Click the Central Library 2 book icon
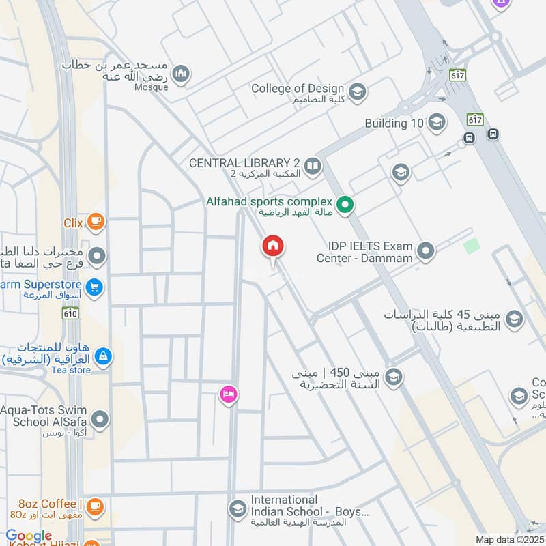click(x=313, y=166)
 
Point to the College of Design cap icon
click(x=356, y=91)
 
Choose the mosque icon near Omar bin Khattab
click(x=181, y=74)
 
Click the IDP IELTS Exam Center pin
click(x=426, y=252)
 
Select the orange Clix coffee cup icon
click(x=96, y=222)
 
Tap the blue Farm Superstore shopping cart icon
click(x=95, y=287)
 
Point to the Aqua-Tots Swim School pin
click(x=100, y=419)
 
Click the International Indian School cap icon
click(x=238, y=509)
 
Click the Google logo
click(x=29, y=536)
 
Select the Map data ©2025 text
click(x=508, y=539)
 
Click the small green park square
click(x=472, y=246)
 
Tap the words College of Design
click(x=298, y=88)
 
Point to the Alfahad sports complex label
click(x=270, y=201)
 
